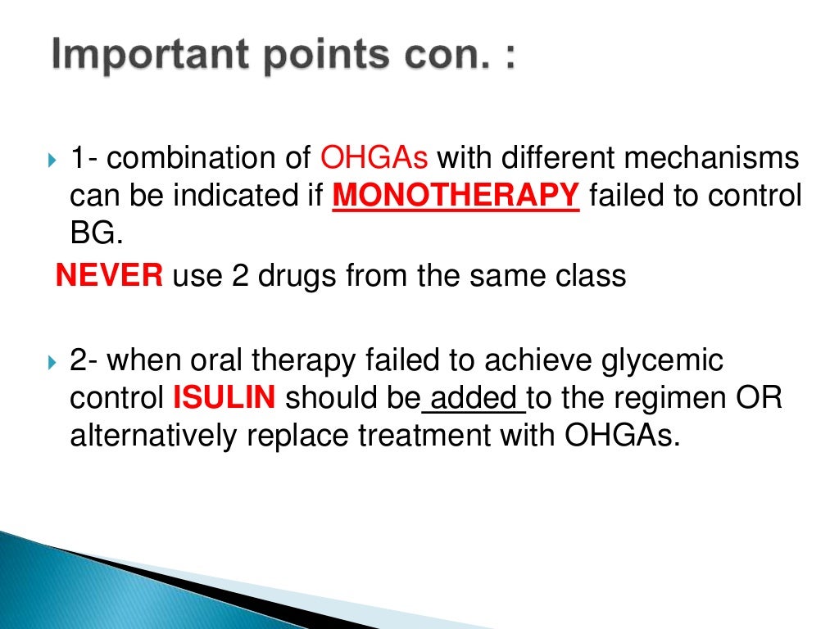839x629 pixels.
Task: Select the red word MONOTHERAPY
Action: click(x=456, y=197)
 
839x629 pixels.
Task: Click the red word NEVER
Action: click(x=109, y=276)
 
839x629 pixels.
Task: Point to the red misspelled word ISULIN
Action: click(x=224, y=399)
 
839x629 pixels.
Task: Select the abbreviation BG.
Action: click(x=96, y=235)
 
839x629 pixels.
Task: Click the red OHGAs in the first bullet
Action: click(x=379, y=157)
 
